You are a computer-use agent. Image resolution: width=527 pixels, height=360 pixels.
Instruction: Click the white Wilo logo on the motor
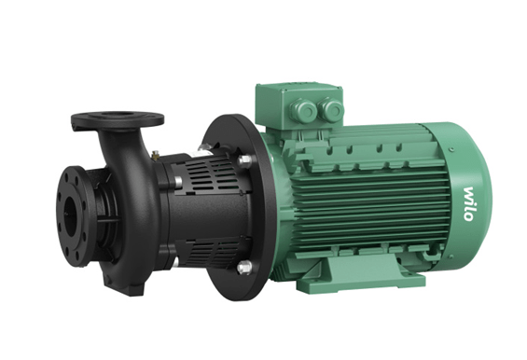click(469, 204)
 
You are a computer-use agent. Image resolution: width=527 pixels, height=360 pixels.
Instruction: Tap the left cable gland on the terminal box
click(304, 110)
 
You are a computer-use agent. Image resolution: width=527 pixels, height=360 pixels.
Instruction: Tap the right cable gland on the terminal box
click(331, 109)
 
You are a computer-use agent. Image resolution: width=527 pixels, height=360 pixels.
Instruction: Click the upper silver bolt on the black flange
click(244, 161)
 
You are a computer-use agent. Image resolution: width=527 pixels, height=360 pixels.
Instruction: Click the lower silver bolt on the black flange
click(244, 268)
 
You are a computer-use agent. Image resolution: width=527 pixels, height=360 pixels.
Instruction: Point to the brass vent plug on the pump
click(155, 156)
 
